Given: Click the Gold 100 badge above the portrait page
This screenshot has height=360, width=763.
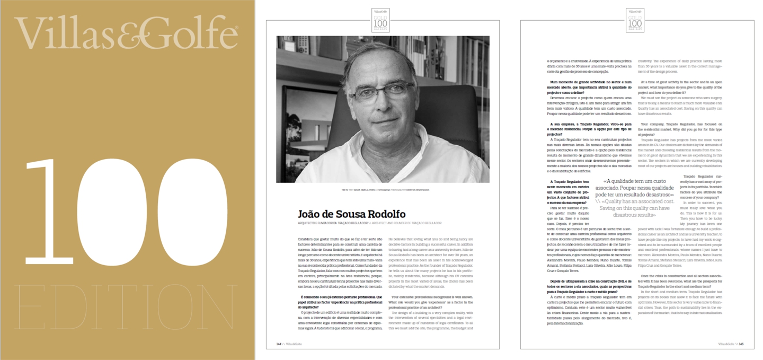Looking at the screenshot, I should point(381,21).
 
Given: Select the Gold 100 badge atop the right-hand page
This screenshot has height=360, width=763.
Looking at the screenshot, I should point(635,21).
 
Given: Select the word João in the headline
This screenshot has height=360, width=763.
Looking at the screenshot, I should point(311,214).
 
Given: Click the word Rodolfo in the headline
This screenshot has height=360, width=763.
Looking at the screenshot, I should point(384,214).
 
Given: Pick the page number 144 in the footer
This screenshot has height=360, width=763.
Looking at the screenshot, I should point(279,344).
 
